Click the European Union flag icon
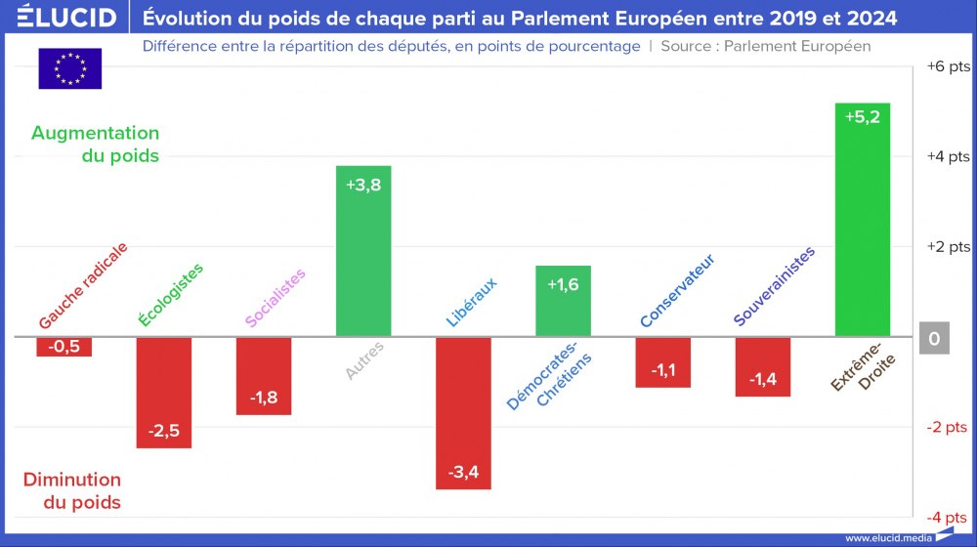tap(69, 68)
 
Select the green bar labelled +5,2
tap(862, 220)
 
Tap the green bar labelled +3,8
tap(362, 251)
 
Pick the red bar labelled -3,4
tap(463, 412)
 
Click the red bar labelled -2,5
tap(163, 392)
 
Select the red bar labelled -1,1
tap(662, 362)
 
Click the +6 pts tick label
tap(948, 66)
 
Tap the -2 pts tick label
tap(948, 427)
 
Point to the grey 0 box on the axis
tap(934, 338)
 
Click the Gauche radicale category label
tap(83, 285)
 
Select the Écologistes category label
tap(171, 295)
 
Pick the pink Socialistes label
tap(275, 298)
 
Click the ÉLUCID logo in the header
tap(60, 17)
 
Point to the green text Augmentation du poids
tap(95, 144)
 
